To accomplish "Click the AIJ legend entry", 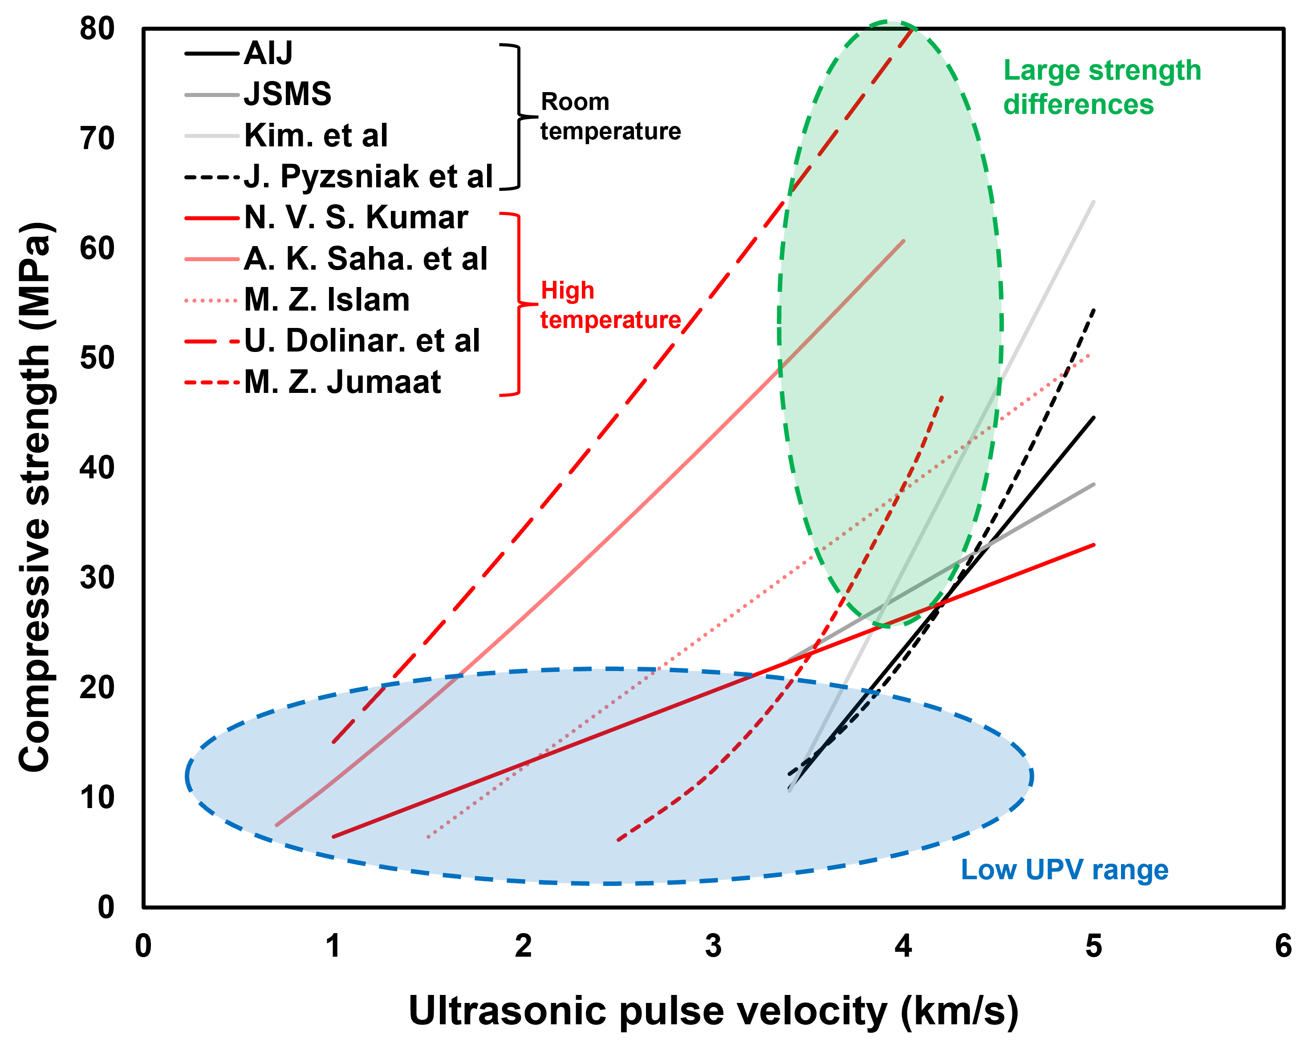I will point(268,54).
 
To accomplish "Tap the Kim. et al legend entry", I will point(316,135).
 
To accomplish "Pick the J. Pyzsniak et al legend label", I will point(368,177).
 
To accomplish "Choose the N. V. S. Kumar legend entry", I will point(356,218).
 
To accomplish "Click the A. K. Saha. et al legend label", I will point(366,259).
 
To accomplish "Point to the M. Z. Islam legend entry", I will point(327,300).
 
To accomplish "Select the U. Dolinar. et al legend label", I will point(362,341).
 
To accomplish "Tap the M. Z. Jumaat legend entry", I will point(342,382).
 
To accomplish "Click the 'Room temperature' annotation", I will point(610,117).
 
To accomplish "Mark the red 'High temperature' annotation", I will point(610,305).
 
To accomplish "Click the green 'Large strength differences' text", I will point(1102,87).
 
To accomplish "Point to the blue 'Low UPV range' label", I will point(1064,870).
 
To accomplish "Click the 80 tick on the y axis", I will point(97,28).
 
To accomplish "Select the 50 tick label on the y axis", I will point(97,358).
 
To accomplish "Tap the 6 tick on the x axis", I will point(1283,946).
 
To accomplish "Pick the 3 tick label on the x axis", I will point(713,946).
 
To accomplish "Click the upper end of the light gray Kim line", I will point(1093,202).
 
